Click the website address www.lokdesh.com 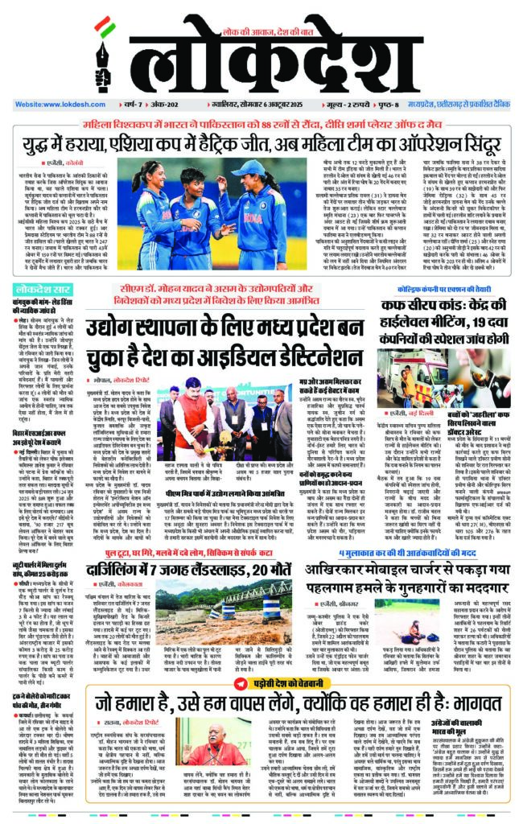[54, 105]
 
